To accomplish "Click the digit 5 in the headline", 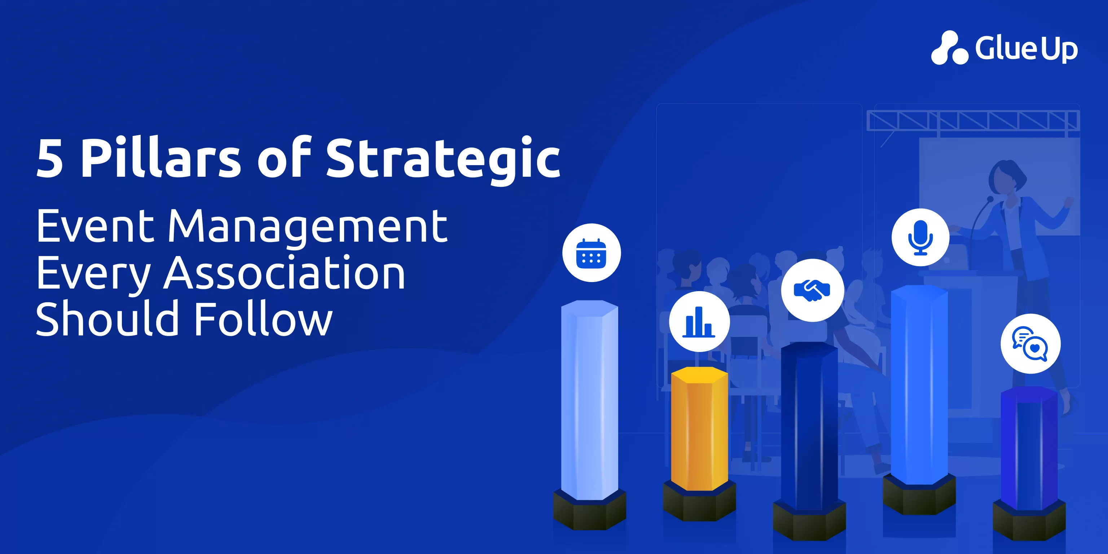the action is (x=50, y=158).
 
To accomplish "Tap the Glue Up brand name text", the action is (x=1026, y=48).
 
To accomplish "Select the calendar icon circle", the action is (x=592, y=253).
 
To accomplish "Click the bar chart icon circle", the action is (x=699, y=321).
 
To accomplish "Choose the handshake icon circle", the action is (x=813, y=290).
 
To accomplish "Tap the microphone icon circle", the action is (x=920, y=238).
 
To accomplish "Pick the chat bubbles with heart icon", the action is (x=1030, y=344).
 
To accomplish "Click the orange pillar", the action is (x=699, y=429).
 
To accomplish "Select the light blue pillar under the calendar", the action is (x=590, y=400).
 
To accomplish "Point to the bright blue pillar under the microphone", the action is (x=919, y=384).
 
